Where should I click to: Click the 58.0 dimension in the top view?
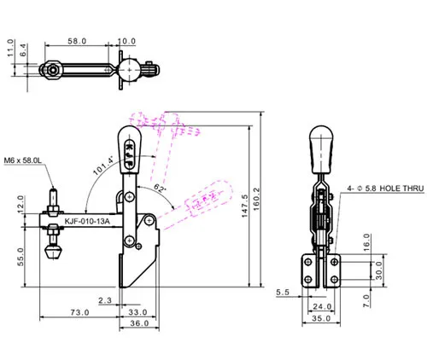pos(77,41)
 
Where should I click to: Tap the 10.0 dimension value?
pos(126,41)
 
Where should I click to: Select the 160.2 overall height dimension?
pos(256,198)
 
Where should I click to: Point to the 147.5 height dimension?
pos(245,206)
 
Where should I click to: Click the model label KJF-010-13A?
pos(87,221)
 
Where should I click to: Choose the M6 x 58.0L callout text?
pos(23,160)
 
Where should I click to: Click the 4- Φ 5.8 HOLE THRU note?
pos(385,189)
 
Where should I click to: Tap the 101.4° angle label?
pos(103,165)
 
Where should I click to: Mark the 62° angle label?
pos(160,188)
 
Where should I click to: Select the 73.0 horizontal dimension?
pos(79,312)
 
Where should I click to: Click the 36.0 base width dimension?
pos(139,323)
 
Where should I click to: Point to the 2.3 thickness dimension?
pos(105,300)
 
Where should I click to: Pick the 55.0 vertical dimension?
pos(20,257)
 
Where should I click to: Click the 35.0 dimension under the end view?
pos(321,318)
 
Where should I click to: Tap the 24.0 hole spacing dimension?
pos(322,306)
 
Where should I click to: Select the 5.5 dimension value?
pos(283,293)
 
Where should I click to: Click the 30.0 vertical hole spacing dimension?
pos(379,270)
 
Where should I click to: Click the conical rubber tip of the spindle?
pos(53,253)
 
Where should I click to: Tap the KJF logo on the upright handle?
pos(130,154)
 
